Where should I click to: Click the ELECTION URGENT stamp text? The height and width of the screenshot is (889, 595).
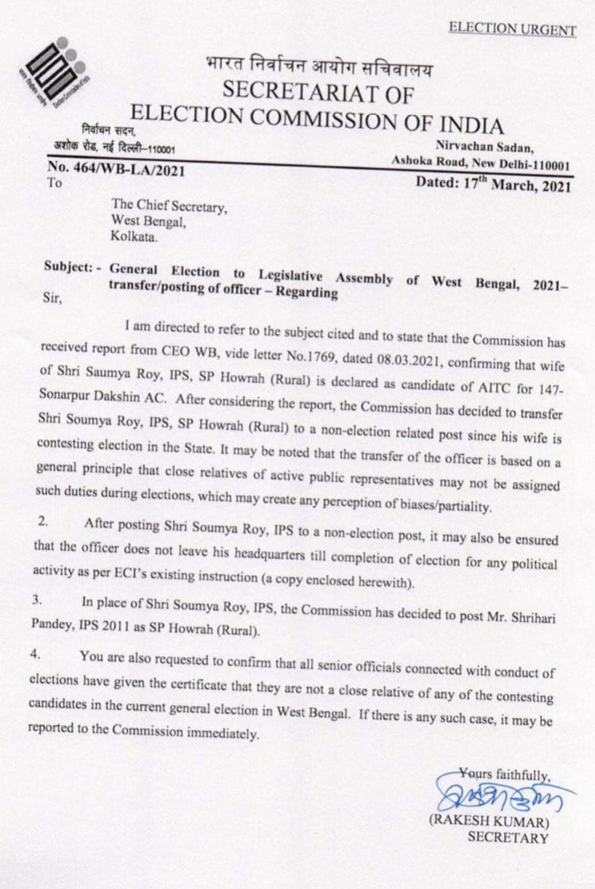[x=512, y=30]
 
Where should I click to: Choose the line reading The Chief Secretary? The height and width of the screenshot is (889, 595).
[x=169, y=206]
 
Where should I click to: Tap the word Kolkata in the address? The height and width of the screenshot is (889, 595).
[x=134, y=236]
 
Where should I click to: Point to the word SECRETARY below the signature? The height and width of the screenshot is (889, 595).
[x=508, y=837]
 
